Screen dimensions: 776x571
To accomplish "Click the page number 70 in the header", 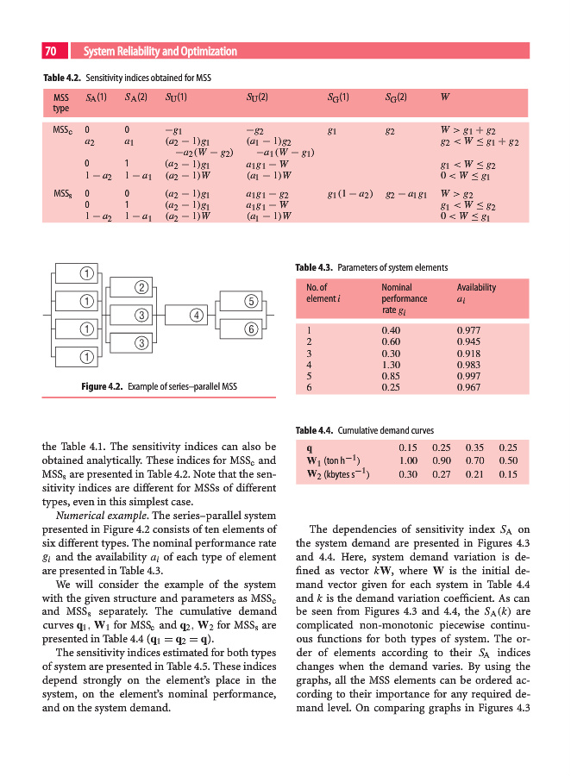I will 50,51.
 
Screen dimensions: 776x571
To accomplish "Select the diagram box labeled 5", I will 250,301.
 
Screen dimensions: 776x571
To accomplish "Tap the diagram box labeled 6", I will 250,329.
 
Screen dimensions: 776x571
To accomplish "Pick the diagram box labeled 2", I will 141,286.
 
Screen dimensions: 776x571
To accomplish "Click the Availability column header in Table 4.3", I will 476,287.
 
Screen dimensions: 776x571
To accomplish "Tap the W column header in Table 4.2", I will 444,97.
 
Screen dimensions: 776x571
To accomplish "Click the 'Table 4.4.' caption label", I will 314,429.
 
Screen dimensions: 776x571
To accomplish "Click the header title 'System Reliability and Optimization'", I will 160,51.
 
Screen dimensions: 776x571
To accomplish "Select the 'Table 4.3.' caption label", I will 314,267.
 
